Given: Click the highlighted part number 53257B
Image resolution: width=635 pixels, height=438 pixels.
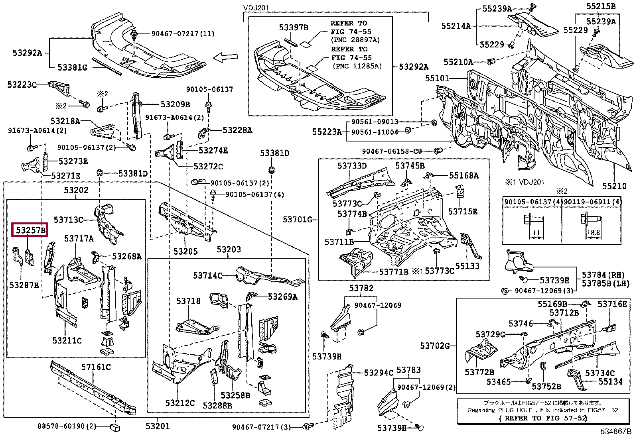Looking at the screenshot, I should pyautogui.click(x=30, y=230).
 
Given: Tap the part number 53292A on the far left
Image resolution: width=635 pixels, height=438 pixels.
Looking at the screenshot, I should pyautogui.click(x=27, y=53).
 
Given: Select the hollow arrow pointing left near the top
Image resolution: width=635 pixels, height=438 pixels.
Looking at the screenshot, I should pyautogui.click(x=225, y=58).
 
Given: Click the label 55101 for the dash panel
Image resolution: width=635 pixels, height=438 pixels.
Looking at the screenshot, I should pyautogui.click(x=437, y=78).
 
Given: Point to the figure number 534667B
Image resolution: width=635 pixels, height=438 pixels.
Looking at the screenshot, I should pyautogui.click(x=616, y=431).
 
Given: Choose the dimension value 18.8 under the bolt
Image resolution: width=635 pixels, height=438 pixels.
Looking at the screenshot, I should pyautogui.click(x=593, y=232).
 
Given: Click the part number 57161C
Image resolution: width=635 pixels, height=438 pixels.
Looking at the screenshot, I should pyautogui.click(x=96, y=367).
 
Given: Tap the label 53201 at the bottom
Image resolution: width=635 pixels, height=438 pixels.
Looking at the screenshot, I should pyautogui.click(x=158, y=426).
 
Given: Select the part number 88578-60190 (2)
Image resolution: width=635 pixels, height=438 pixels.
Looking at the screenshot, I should pyautogui.click(x=67, y=426).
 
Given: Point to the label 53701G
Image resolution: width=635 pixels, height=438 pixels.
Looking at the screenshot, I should pyautogui.click(x=298, y=219).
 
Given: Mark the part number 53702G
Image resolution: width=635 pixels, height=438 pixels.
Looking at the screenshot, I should pyautogui.click(x=435, y=346).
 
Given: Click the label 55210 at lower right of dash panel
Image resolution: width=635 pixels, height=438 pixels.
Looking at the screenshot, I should pyautogui.click(x=614, y=186).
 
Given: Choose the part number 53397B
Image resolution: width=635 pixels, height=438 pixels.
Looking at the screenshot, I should pyautogui.click(x=294, y=27).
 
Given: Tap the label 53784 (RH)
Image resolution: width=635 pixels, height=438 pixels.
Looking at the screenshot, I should pyautogui.click(x=603, y=275).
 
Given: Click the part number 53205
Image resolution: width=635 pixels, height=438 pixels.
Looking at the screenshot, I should pyautogui.click(x=185, y=251).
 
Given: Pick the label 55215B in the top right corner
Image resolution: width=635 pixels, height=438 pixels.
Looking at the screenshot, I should pyautogui.click(x=601, y=6).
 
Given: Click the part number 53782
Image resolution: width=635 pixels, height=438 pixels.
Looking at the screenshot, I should pyautogui.click(x=361, y=288).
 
